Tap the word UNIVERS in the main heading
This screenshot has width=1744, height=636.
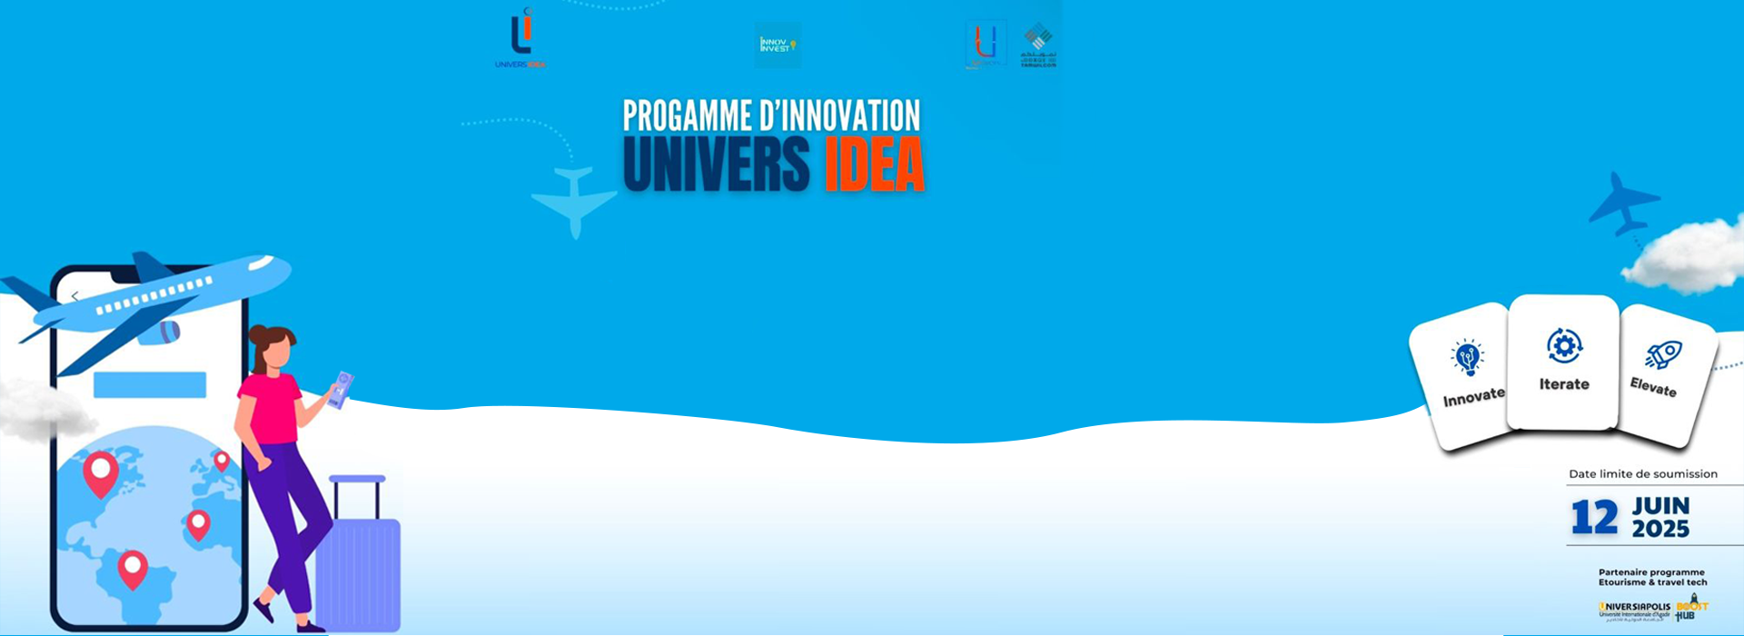click(x=716, y=164)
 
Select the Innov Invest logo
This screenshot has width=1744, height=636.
click(x=778, y=45)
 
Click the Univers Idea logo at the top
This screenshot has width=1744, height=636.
click(x=520, y=38)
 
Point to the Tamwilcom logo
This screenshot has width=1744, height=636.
click(x=1038, y=45)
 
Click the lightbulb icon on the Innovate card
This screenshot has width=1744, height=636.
click(x=1467, y=358)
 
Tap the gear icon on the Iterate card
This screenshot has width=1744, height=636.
click(x=1563, y=345)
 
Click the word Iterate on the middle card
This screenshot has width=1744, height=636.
click(x=1564, y=384)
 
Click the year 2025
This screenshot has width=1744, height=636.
click(x=1660, y=529)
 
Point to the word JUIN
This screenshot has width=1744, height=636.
click(x=1660, y=506)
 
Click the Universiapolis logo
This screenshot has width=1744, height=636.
click(x=1634, y=610)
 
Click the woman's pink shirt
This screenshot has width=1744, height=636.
click(x=270, y=407)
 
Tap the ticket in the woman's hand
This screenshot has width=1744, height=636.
click(x=341, y=389)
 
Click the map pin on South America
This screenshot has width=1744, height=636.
click(x=133, y=569)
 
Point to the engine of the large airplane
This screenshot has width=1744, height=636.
click(x=160, y=332)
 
